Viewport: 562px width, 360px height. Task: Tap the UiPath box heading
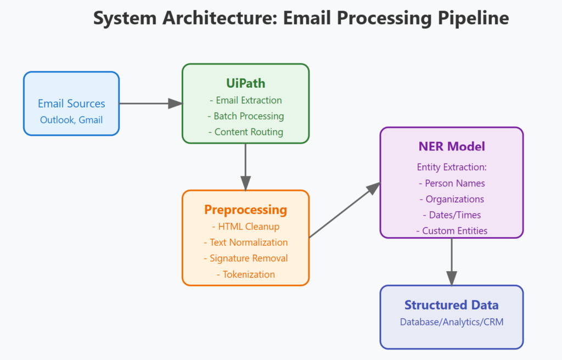point(245,83)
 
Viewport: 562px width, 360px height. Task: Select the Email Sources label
point(71,103)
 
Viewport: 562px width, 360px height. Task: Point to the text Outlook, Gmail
point(71,120)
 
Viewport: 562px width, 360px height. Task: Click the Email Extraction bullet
point(245,100)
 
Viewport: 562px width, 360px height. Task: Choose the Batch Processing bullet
point(245,116)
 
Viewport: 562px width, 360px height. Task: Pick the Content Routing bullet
point(245,132)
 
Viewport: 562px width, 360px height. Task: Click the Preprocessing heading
point(245,210)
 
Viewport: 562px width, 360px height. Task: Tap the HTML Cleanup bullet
point(245,227)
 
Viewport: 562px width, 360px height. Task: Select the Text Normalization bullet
point(245,243)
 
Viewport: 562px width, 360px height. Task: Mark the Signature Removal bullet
point(245,258)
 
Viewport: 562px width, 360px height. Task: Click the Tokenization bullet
point(245,274)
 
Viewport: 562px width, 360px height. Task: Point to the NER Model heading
point(451,147)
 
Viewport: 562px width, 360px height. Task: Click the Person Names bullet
point(451,183)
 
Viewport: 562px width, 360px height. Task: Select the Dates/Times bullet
point(451,215)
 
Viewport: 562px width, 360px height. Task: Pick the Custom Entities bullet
point(451,231)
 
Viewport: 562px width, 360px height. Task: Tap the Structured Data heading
point(451,305)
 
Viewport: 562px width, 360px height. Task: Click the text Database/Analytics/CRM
point(451,322)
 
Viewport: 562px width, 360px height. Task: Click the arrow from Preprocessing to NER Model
point(345,211)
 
